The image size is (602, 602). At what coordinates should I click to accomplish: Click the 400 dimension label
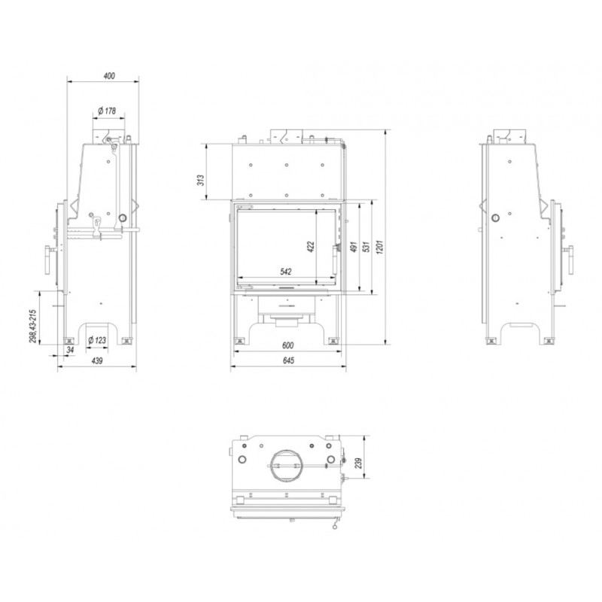click(x=109, y=76)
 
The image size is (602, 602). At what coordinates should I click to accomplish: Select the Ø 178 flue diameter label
click(x=107, y=111)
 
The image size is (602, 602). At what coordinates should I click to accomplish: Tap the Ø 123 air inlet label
click(x=97, y=340)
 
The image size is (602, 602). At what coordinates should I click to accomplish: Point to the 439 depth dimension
click(x=97, y=361)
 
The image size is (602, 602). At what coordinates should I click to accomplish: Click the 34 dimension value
click(x=70, y=350)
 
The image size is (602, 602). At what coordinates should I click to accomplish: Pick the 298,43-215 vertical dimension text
click(x=32, y=327)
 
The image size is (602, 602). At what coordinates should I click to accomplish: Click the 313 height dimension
click(x=201, y=180)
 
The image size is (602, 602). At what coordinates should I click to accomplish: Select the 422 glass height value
click(x=311, y=247)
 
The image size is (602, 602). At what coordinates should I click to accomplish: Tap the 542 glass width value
click(x=286, y=272)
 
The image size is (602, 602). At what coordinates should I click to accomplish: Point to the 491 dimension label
click(x=354, y=247)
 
